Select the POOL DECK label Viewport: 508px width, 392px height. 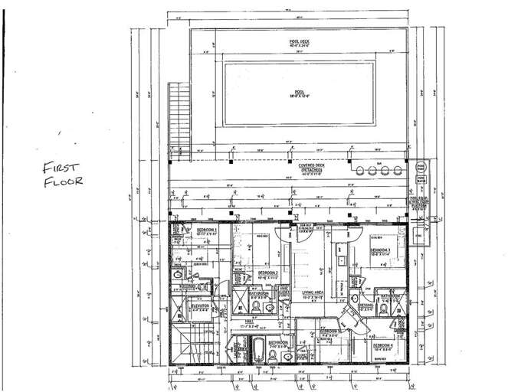point(298,43)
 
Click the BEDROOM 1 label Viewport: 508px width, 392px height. point(205,230)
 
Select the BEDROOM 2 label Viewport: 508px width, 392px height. point(267,273)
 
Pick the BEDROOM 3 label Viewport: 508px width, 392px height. point(381,250)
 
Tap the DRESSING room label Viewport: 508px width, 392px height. point(365,305)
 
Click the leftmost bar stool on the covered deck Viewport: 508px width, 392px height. point(359,169)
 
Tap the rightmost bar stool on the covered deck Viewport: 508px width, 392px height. point(398,169)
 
